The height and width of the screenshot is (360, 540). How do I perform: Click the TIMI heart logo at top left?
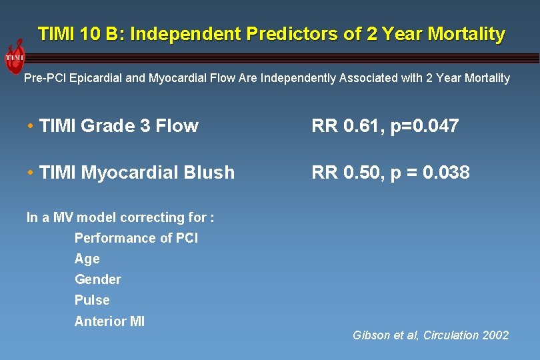pyautogui.click(x=15, y=59)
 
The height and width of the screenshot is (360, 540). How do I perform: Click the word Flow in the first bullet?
pyautogui.click(x=177, y=126)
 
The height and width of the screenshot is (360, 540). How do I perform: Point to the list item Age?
pyautogui.click(x=87, y=259)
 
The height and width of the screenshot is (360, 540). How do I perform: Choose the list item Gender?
pyautogui.click(x=97, y=279)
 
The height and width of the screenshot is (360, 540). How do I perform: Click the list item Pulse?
pyautogui.click(x=92, y=300)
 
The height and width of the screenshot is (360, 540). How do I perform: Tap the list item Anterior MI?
pyautogui.click(x=109, y=321)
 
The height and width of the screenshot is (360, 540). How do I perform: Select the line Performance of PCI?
pyautogui.click(x=136, y=238)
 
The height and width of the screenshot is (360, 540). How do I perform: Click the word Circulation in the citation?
pyautogui.click(x=447, y=335)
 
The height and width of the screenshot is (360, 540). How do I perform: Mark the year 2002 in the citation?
pyautogui.click(x=495, y=335)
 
